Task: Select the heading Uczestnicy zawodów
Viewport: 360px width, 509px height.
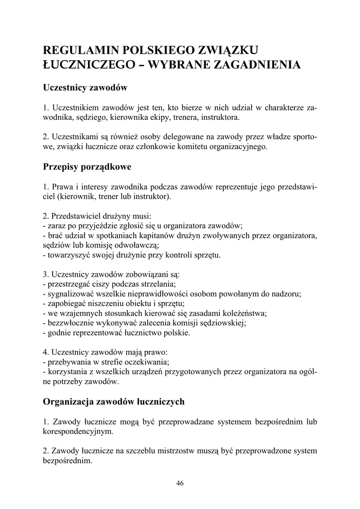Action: point(86,88)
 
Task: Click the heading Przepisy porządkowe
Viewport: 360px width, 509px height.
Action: point(87,167)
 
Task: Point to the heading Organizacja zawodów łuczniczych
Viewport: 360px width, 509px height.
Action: point(114,401)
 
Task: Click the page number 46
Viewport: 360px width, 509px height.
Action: point(180,484)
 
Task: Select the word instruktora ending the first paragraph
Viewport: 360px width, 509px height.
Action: point(218,118)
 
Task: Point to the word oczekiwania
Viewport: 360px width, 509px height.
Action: point(147,362)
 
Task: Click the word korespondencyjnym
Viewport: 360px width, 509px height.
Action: point(78,431)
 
